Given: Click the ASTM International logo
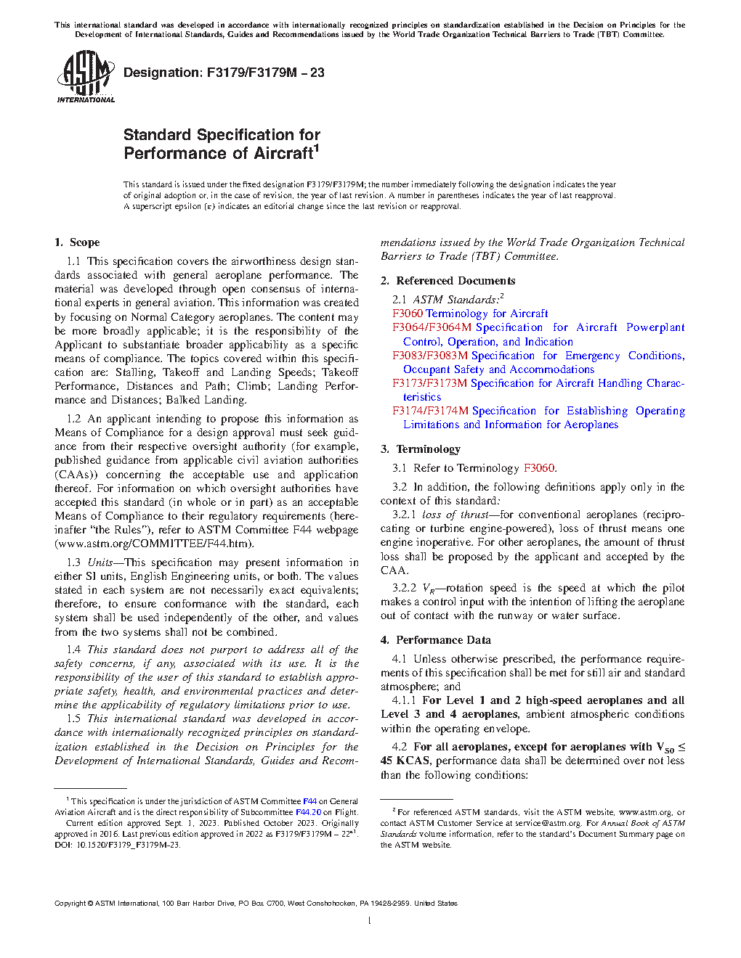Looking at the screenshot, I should coord(85,76).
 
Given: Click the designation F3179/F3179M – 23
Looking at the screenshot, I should coord(224,73).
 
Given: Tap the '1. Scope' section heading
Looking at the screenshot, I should coord(77,242).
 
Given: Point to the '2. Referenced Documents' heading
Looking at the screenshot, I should coord(448,281).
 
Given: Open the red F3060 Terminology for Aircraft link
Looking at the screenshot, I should coord(470,314).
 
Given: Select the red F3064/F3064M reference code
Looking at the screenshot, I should coord(432,327).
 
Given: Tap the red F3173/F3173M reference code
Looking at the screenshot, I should coord(429,383).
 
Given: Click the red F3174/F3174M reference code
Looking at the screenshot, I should coord(430,411).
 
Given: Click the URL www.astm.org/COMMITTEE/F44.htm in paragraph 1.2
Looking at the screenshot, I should coord(154,544).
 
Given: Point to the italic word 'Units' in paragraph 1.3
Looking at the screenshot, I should coord(100,562).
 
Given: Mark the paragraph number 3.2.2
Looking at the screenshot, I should coord(404,588).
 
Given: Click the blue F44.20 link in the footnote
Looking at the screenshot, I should coord(308,812).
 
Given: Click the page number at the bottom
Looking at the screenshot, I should coord(370,921).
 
